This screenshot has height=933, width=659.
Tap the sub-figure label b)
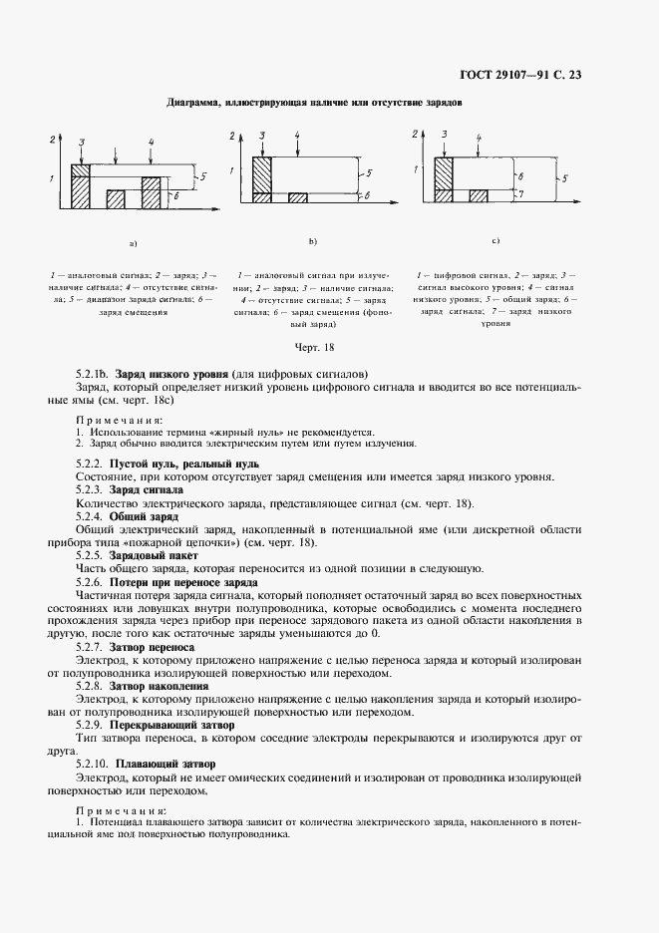[x=312, y=241]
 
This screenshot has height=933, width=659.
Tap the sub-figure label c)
[x=495, y=241]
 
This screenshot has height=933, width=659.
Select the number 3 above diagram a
[x=80, y=144]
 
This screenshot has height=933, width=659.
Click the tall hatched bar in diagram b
[x=262, y=179]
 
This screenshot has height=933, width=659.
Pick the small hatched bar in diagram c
[x=477, y=196]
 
